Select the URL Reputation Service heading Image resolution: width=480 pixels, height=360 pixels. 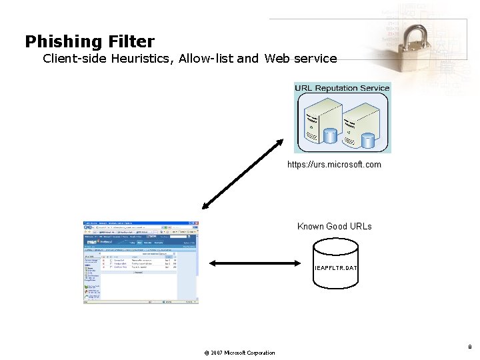point(342,88)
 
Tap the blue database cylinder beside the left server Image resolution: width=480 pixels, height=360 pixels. point(330,135)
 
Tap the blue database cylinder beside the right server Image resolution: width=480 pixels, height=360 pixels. point(367,140)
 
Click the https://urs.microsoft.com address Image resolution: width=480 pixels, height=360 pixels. point(334,164)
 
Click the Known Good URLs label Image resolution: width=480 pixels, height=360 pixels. point(334,227)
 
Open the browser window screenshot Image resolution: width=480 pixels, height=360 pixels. point(141,262)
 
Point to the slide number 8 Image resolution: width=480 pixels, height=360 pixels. point(470,347)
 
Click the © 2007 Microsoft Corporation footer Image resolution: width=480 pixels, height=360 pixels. point(239,353)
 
